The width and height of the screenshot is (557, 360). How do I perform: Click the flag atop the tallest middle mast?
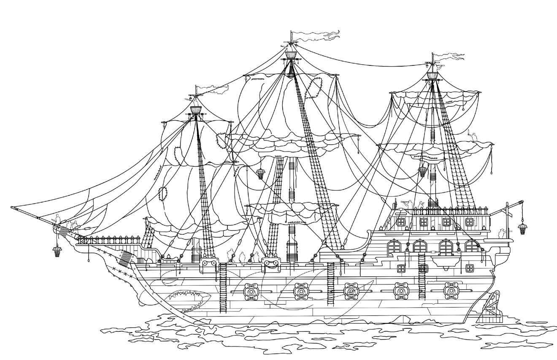316,35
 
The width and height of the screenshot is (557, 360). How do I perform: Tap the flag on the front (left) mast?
213,89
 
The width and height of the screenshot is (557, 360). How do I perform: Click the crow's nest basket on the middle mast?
291,55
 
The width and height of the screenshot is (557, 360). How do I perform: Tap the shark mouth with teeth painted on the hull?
189,300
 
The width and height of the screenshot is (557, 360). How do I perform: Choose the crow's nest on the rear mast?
431,76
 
